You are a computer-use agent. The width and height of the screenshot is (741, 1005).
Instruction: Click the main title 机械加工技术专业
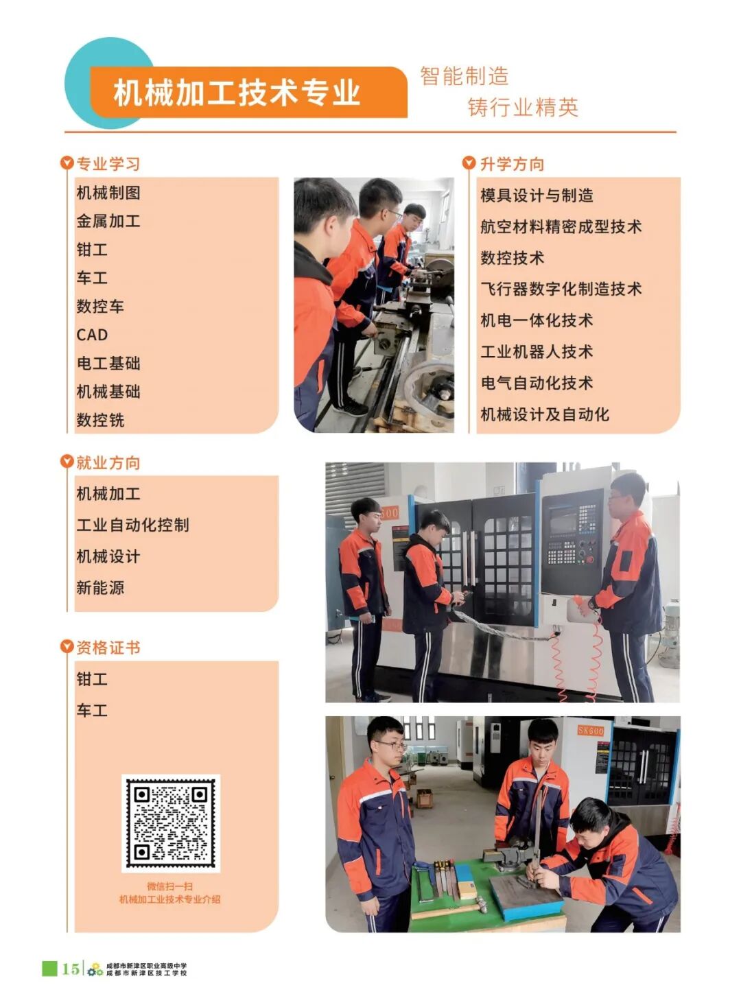coord(237,93)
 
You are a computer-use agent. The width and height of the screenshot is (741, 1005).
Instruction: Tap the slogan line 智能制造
coord(464,76)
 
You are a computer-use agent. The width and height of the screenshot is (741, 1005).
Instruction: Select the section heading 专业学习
coord(108,164)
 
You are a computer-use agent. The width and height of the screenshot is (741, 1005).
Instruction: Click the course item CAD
coord(92,335)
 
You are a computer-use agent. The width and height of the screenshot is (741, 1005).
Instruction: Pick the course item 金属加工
coord(108,221)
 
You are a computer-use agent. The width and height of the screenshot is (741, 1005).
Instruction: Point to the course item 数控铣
coord(100,420)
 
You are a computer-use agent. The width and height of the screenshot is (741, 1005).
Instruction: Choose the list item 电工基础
coord(108,363)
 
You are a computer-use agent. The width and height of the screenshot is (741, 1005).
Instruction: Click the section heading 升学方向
coord(512,164)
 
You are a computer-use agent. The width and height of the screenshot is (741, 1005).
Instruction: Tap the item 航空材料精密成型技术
coord(561,226)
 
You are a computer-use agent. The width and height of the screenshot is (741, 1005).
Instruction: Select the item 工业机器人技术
coord(537,351)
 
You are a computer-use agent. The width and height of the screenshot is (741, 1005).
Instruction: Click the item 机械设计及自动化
coord(544,414)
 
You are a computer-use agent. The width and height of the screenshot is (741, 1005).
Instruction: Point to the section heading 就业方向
coord(108,462)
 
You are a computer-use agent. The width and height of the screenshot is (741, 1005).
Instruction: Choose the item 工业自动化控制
coord(132,525)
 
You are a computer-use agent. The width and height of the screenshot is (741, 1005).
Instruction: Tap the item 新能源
coord(100,588)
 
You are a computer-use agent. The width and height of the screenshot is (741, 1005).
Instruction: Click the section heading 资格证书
coord(108,648)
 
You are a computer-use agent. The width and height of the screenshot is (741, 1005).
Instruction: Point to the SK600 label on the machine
coord(591,731)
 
